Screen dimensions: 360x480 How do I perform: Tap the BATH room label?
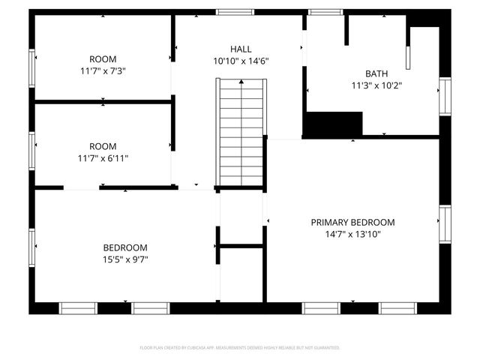pos(376,73)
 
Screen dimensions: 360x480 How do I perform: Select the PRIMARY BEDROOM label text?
pos(352,223)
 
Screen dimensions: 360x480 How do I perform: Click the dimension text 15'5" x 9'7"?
pos(125,259)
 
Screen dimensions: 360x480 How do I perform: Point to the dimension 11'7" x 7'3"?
pos(103,71)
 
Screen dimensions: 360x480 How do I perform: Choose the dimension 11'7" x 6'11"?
pos(103,158)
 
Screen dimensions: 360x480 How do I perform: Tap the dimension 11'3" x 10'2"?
pos(376,85)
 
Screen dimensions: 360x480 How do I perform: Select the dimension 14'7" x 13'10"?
pos(352,235)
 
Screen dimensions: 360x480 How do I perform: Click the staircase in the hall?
pos(241,131)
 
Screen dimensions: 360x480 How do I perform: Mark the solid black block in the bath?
pos(333,123)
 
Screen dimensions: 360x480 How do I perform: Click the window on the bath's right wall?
pos(445,97)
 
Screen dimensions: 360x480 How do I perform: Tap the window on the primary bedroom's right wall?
pos(445,225)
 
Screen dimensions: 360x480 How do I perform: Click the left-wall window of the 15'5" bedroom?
pos(32,248)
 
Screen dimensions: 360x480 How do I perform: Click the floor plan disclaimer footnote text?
pos(240,348)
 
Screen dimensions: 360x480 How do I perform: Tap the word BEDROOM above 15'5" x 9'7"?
pos(125,247)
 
